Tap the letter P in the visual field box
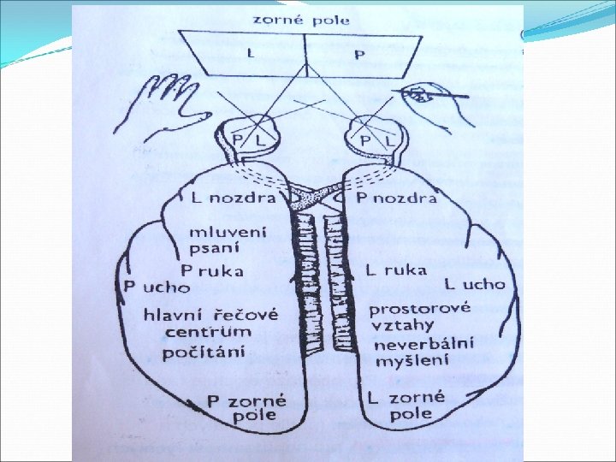[x=359, y=55]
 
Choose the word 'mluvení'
[x=228, y=232]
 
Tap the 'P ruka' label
[x=211, y=270]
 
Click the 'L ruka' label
[x=395, y=270]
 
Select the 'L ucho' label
[x=475, y=284]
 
